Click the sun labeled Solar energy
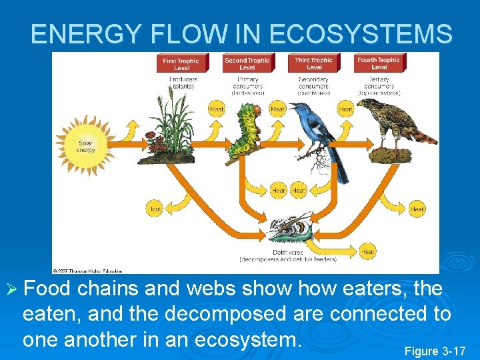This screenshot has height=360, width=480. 86,146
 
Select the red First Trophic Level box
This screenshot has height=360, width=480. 181,63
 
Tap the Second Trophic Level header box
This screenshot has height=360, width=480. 247,63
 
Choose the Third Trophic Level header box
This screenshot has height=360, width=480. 313,63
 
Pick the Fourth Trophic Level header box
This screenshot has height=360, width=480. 379,63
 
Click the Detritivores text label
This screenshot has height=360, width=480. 287,253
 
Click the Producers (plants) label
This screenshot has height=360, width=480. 181,83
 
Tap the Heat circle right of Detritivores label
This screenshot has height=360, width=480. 367,252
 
